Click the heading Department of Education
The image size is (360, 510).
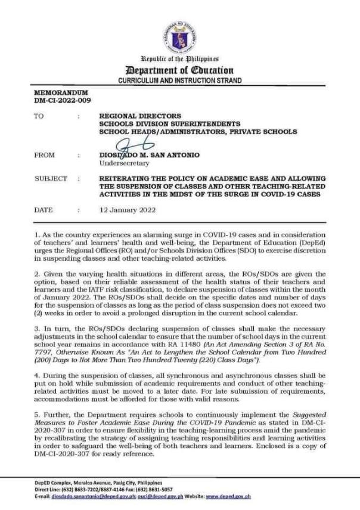point(179,70)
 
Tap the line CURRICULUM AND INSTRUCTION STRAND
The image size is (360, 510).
point(179,81)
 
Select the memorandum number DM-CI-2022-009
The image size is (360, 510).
point(54,101)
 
